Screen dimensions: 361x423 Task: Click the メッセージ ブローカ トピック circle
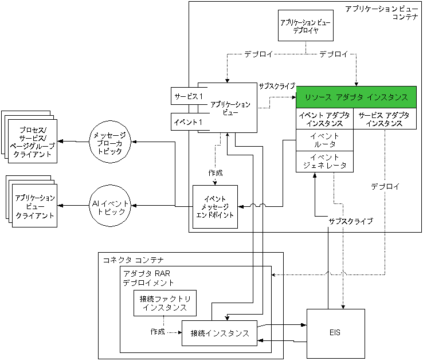click(112, 142)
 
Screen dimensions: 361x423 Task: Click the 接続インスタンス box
click(219, 333)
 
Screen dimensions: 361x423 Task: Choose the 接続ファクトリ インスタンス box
click(164, 303)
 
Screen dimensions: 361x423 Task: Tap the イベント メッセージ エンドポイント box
click(215, 206)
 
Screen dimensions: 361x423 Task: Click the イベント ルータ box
click(324, 140)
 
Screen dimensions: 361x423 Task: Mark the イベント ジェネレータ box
click(324, 162)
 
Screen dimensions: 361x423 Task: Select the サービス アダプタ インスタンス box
click(384, 119)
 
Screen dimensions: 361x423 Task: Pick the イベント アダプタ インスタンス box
click(324, 119)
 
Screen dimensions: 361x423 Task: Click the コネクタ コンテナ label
click(130, 260)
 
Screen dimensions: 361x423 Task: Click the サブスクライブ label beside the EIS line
click(350, 221)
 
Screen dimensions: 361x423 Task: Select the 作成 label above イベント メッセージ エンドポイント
click(215, 172)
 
